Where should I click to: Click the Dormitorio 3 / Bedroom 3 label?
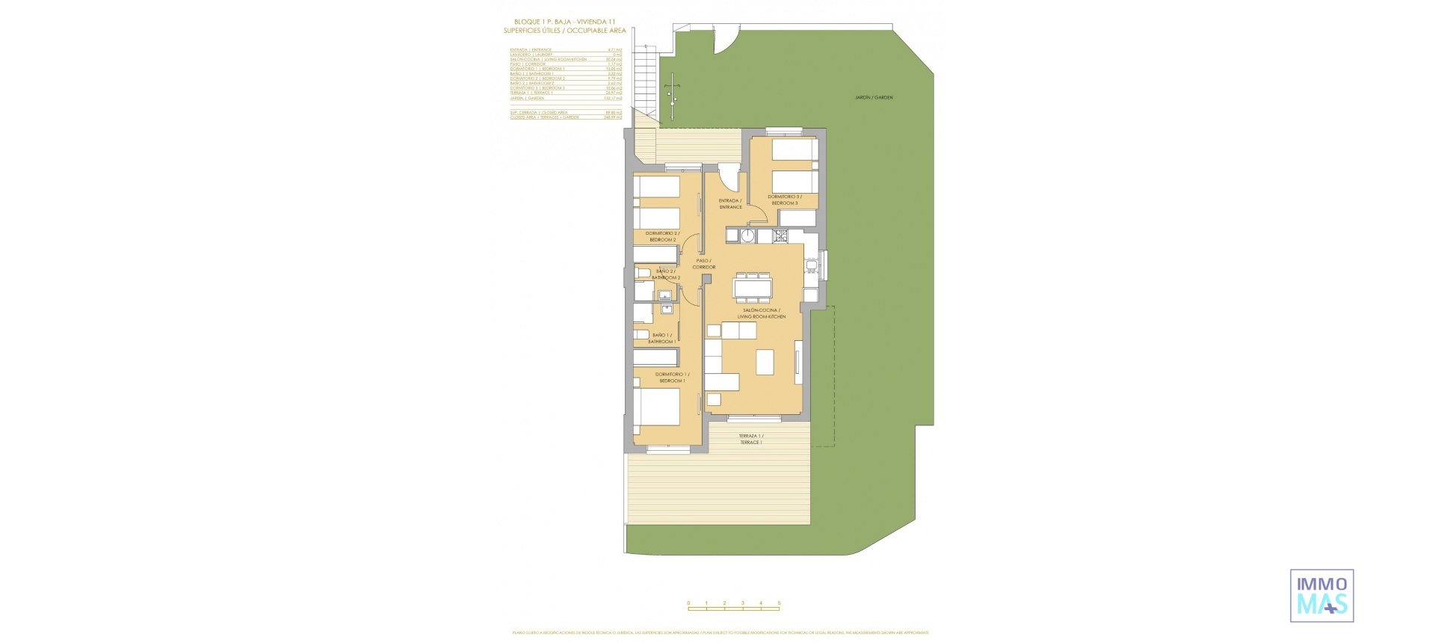[783, 200]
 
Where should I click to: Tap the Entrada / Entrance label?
[730, 204]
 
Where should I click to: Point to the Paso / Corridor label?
[703, 264]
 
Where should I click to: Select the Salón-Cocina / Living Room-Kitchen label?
[762, 313]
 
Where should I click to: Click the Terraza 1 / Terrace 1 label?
[751, 440]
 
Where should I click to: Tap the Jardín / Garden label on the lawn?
[874, 98]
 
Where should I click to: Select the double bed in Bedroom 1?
[658, 414]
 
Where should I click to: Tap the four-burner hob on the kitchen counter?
[781, 236]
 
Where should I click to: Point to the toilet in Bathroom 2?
[643, 272]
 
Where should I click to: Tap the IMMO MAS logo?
[1321, 595]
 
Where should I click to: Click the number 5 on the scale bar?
[779, 603]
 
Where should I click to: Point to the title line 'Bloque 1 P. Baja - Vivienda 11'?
[564, 22]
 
